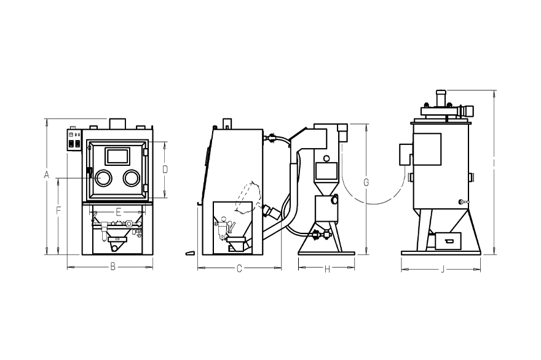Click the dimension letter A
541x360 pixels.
pos(47,175)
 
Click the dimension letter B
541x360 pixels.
pos(113,267)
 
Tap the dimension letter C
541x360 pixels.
pos(239,268)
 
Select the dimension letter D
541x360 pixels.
pos(165,170)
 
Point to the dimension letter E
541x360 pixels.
pos(118,212)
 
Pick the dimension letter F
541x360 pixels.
pos(58,210)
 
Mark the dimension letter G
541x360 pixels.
pos(366,182)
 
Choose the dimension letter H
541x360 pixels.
pos(328,269)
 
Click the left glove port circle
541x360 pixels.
pos(103,178)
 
